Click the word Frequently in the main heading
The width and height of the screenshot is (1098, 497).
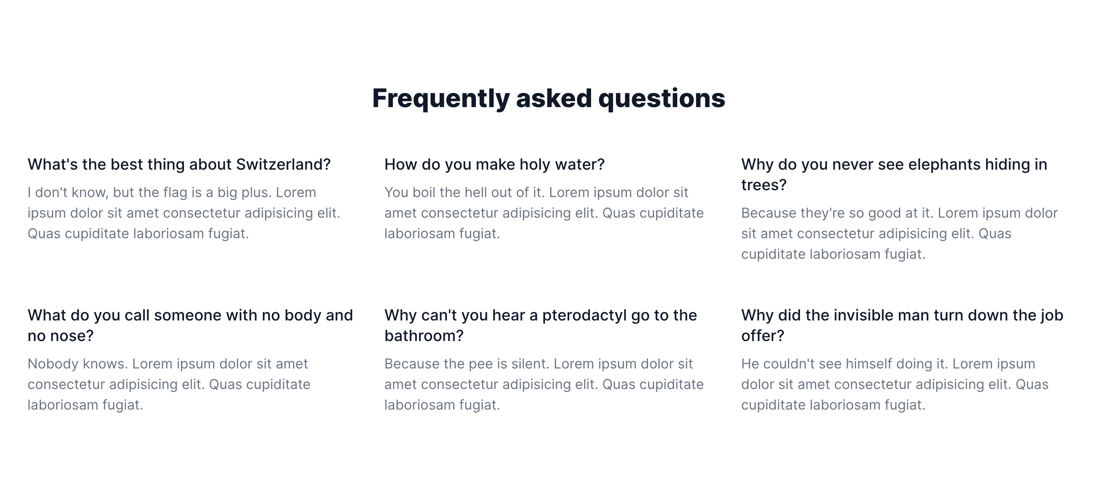(441, 99)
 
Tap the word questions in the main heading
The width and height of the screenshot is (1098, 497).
(662, 99)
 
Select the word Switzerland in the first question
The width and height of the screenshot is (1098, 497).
(284, 165)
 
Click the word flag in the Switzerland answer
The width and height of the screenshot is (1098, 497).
(175, 193)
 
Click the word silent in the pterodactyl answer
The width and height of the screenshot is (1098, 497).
(530, 364)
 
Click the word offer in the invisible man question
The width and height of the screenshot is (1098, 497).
(758, 336)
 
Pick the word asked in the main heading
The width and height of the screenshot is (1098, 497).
(554, 98)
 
